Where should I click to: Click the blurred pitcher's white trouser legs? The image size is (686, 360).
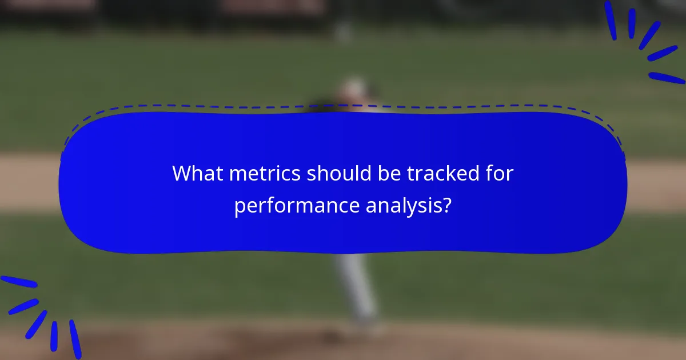coord(357,286)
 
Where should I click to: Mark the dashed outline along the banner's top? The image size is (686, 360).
coord(343,106)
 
